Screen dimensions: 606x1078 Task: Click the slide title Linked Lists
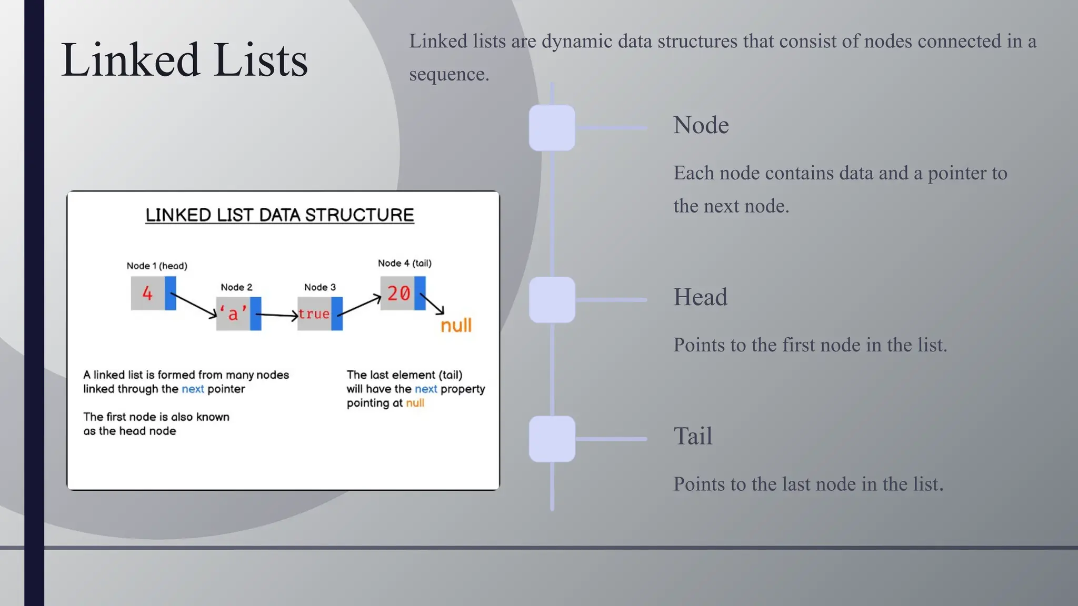pos(184,60)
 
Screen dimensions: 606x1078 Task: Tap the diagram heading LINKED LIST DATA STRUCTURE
pos(280,215)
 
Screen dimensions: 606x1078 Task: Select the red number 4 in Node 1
pos(147,294)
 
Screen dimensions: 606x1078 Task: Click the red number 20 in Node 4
pos(398,294)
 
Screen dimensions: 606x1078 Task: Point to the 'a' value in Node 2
pos(233,314)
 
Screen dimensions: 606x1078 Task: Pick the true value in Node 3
pos(314,314)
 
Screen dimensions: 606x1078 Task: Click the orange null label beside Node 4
pos(456,326)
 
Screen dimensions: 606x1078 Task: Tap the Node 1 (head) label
pos(157,266)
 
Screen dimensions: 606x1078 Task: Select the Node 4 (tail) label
pos(404,263)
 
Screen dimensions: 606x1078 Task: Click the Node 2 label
pos(236,287)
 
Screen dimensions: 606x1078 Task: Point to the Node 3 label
pos(320,287)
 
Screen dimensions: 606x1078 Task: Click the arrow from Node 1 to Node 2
pos(194,305)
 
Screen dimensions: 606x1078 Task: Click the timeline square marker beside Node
pos(552,128)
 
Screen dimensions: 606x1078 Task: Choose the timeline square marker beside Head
pos(552,300)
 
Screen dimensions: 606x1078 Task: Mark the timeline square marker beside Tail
pos(552,439)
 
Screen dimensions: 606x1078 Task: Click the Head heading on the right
pos(700,297)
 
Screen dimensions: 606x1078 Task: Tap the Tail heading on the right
pos(693,436)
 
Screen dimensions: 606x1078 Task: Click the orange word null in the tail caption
pos(415,403)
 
